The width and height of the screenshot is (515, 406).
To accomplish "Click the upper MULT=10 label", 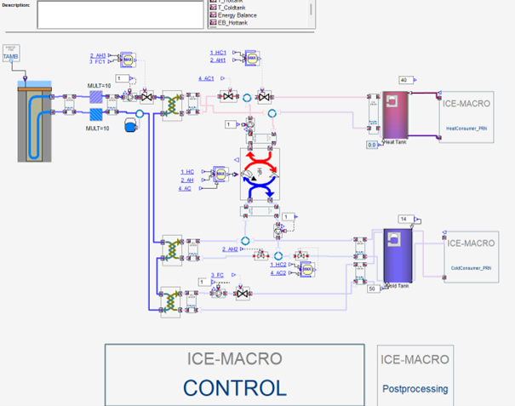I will (99, 85).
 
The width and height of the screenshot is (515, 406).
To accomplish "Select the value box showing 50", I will (372, 289).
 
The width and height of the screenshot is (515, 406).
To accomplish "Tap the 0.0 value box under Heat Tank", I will (372, 146).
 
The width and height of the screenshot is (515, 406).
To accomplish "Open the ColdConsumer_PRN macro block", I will (471, 254).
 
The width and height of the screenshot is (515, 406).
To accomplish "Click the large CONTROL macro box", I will (235, 375).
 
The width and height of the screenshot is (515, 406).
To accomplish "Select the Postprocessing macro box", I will (415, 375).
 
